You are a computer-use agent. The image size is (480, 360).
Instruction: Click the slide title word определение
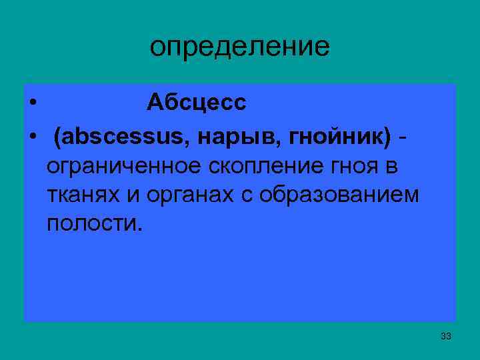[x=239, y=47]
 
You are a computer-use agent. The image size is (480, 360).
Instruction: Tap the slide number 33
[x=446, y=336]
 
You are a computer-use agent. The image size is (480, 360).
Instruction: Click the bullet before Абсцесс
[x=32, y=103]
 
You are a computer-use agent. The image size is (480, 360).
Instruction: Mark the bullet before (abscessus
[x=32, y=138]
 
